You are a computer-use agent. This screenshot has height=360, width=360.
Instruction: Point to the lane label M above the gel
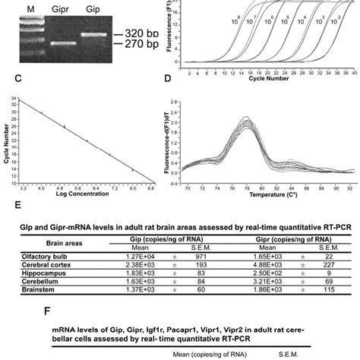point(31,8)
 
